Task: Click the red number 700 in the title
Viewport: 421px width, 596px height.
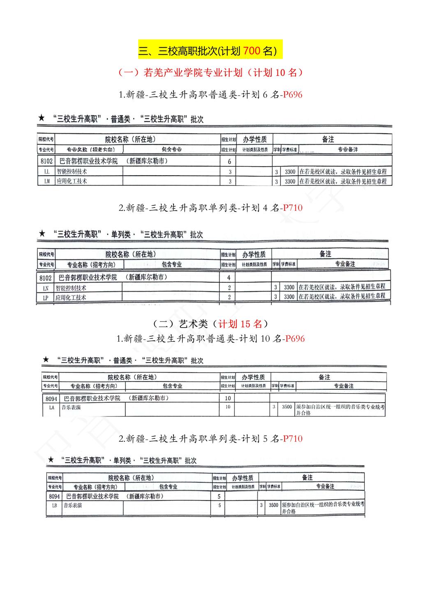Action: point(251,51)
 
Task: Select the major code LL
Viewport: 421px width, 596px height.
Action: point(46,172)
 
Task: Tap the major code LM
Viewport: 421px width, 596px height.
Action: point(46,181)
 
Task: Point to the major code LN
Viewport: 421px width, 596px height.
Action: point(46,289)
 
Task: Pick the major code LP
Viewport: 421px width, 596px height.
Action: point(46,298)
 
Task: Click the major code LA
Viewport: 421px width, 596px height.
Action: point(51,407)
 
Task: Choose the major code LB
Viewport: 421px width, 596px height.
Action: point(54,505)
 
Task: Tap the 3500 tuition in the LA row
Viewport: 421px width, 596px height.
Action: point(287,407)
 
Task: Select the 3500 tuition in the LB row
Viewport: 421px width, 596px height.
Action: point(273,505)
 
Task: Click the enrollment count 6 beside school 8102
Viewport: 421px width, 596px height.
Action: point(229,161)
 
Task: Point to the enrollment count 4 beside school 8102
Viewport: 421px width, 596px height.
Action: point(229,278)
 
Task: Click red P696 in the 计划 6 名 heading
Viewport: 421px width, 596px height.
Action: point(293,95)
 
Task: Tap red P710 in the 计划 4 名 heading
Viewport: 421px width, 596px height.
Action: point(293,208)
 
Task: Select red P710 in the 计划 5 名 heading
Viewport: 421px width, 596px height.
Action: point(293,439)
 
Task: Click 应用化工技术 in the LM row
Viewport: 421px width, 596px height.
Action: point(72,181)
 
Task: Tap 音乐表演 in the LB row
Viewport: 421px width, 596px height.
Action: point(72,505)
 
